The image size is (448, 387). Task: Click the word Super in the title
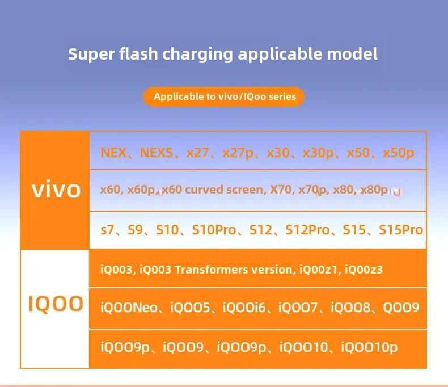pyautogui.click(x=91, y=54)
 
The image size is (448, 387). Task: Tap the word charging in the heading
pyautogui.click(x=198, y=54)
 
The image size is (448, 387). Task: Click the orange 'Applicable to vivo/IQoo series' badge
pyautogui.click(x=223, y=96)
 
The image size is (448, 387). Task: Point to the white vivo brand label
pyautogui.click(x=56, y=190)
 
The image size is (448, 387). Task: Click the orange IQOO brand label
pyautogui.click(x=56, y=304)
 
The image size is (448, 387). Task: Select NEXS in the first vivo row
pyautogui.click(x=157, y=153)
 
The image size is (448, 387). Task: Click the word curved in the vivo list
pyautogui.click(x=204, y=190)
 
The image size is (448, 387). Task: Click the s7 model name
pyautogui.click(x=107, y=230)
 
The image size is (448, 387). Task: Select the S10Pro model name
pyautogui.click(x=214, y=230)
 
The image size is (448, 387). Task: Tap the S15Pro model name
pyautogui.click(x=401, y=230)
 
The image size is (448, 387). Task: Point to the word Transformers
pyautogui.click(x=211, y=270)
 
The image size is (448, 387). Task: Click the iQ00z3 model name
pyautogui.click(x=364, y=270)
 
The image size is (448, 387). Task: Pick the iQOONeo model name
pyautogui.click(x=129, y=308)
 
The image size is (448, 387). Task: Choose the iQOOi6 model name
pyautogui.click(x=244, y=308)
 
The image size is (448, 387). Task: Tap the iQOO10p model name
pyautogui.click(x=369, y=348)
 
